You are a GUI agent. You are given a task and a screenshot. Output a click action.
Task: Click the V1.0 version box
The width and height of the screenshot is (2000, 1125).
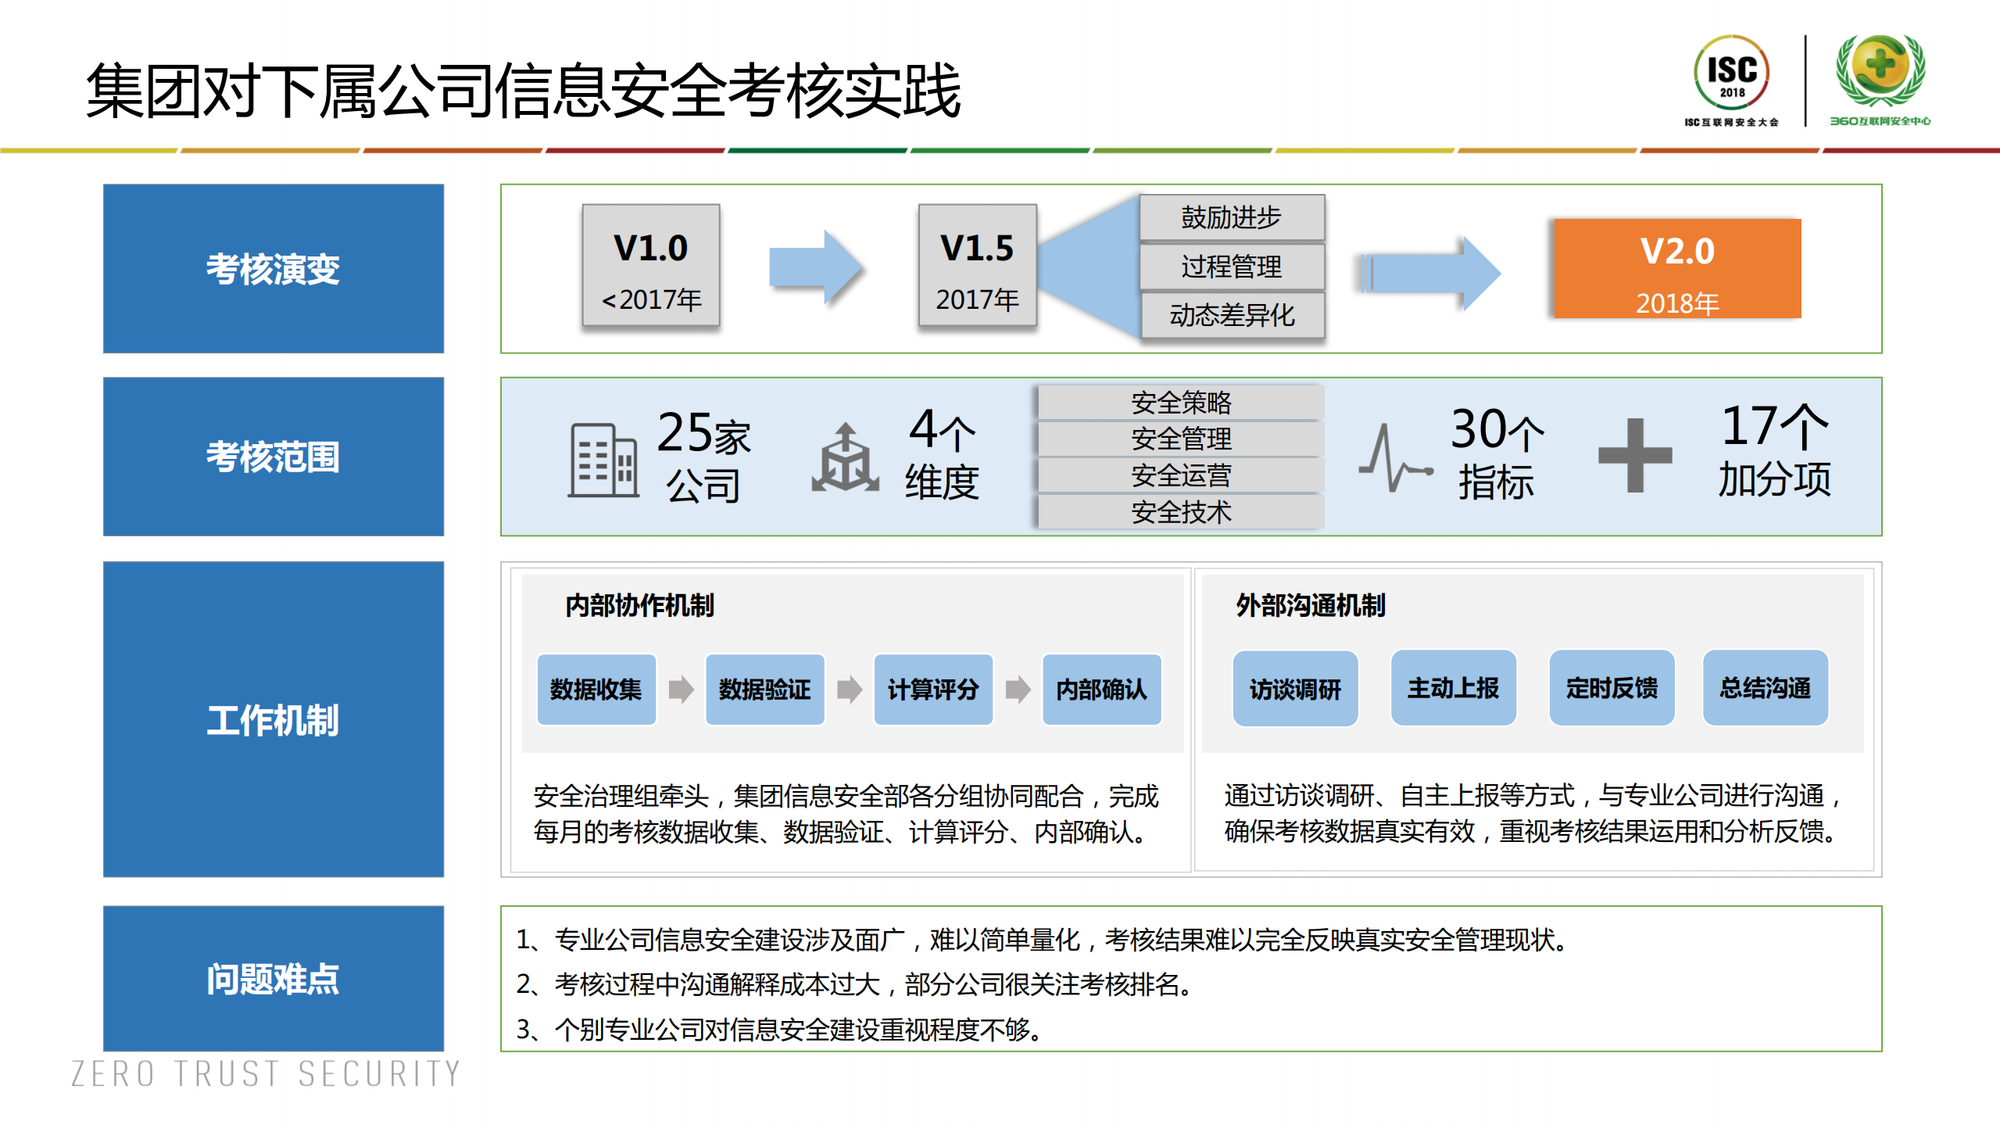pos(650,266)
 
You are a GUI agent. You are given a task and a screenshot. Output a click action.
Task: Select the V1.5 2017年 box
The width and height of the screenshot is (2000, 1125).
pos(977,266)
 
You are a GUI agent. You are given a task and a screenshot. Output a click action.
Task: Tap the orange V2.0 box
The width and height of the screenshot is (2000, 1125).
pos(1677,268)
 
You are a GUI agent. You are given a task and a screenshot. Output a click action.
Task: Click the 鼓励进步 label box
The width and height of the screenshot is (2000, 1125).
pos(1232,217)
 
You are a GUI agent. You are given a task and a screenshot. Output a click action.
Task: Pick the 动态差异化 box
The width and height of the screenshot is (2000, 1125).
pos(1232,315)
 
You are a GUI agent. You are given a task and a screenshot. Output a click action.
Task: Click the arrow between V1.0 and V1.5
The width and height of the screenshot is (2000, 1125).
pos(814,267)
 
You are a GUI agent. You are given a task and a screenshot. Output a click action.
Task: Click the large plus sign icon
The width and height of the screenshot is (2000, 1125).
pos(1634,455)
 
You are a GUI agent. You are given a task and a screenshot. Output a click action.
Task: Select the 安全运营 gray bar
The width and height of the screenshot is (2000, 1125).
pos(1180,475)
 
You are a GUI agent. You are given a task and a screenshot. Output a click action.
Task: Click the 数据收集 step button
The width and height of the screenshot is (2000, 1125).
pos(596,690)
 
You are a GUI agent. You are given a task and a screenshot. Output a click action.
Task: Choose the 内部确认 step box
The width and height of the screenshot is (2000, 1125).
pos(1101,690)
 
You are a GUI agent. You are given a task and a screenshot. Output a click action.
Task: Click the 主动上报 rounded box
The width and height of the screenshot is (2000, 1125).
pos(1453,688)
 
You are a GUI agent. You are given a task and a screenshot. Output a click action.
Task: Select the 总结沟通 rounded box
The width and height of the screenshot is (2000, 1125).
pos(1765,688)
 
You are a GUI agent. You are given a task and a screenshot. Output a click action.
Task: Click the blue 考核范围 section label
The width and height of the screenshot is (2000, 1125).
pos(273,457)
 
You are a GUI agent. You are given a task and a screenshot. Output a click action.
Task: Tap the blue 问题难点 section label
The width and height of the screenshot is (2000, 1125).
pos(273,979)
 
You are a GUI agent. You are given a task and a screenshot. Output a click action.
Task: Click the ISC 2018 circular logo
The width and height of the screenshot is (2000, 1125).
pos(1731,73)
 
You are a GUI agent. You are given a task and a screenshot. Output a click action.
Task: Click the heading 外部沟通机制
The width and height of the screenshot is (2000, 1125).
pos(1310,605)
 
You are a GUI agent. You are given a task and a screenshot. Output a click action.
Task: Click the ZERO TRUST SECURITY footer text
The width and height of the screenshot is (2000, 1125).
pos(266,1074)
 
